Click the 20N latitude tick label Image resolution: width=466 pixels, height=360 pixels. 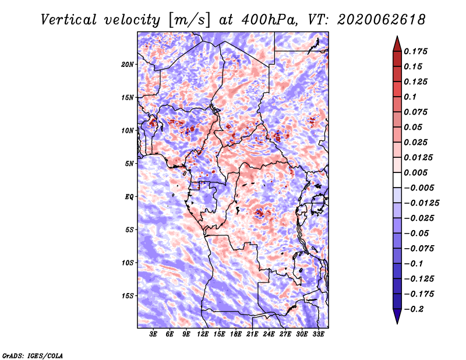[128, 64]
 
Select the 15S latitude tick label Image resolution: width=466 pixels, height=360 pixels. [128, 295]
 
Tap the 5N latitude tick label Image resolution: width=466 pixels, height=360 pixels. [129, 163]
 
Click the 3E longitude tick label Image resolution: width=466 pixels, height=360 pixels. [153, 335]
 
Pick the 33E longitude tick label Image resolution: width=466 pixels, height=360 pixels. [319, 335]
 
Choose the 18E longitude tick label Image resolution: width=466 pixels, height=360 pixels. [236, 335]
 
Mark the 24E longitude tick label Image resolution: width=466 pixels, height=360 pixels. [269, 335]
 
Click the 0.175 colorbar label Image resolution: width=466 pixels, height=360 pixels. [416, 51]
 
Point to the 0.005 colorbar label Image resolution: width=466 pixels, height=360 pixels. [416, 172]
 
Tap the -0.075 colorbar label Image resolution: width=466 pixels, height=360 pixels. [418, 248]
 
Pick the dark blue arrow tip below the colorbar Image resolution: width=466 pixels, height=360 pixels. [397, 319]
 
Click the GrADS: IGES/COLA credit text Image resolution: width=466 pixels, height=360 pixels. [32, 355]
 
